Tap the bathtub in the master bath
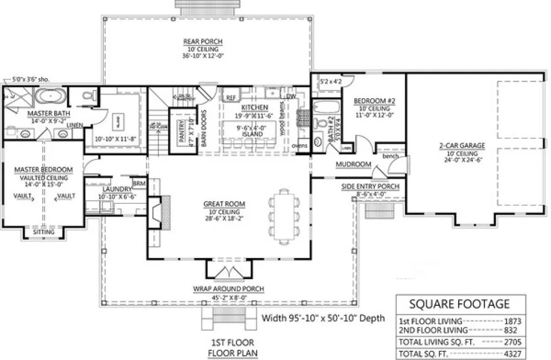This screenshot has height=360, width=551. pyautogui.click(x=51, y=98)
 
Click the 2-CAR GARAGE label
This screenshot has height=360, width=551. pyautogui.click(x=462, y=145)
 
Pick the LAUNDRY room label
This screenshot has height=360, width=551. pyautogui.click(x=114, y=189)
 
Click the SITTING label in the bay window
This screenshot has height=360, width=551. pyautogui.click(x=43, y=232)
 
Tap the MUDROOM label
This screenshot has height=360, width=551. pyautogui.click(x=353, y=164)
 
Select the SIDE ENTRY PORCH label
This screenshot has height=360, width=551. pyautogui.click(x=370, y=187)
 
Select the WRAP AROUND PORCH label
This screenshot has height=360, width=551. pyautogui.click(x=228, y=289)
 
